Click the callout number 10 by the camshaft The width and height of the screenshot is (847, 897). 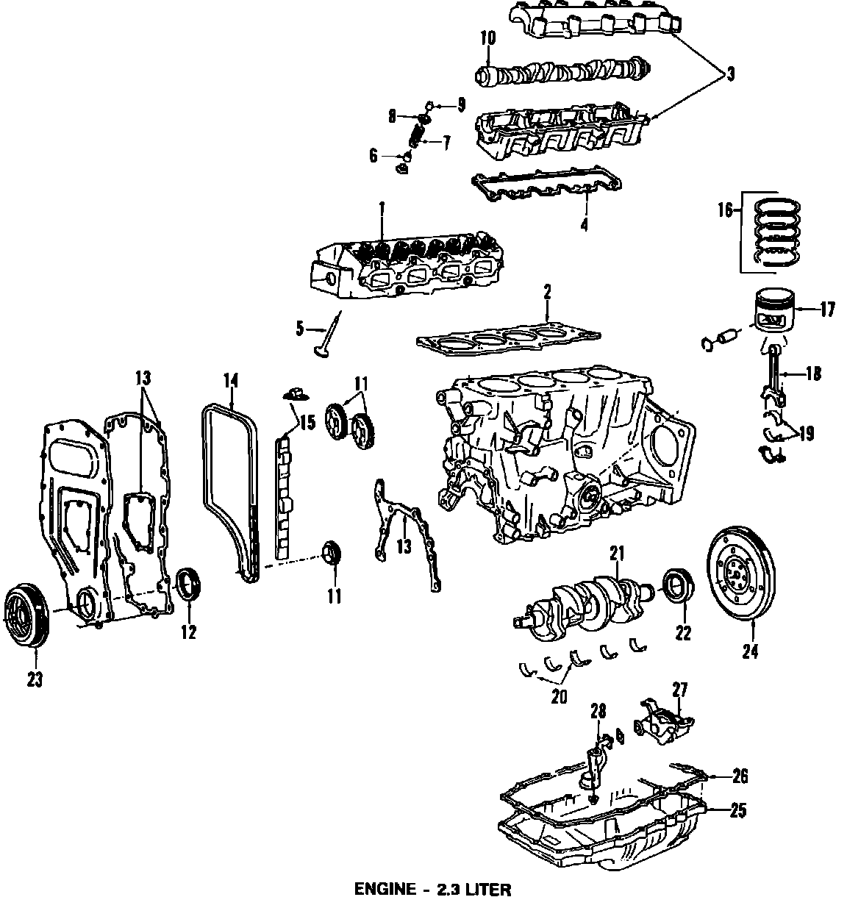click(x=487, y=37)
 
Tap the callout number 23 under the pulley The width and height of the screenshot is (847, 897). click(x=35, y=680)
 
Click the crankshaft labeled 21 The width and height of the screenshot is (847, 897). click(x=588, y=599)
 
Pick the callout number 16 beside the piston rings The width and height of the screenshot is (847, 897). click(x=725, y=210)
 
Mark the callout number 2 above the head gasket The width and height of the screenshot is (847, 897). click(x=547, y=292)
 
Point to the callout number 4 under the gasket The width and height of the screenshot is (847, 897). click(x=584, y=225)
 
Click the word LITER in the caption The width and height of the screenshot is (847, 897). click(x=487, y=889)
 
